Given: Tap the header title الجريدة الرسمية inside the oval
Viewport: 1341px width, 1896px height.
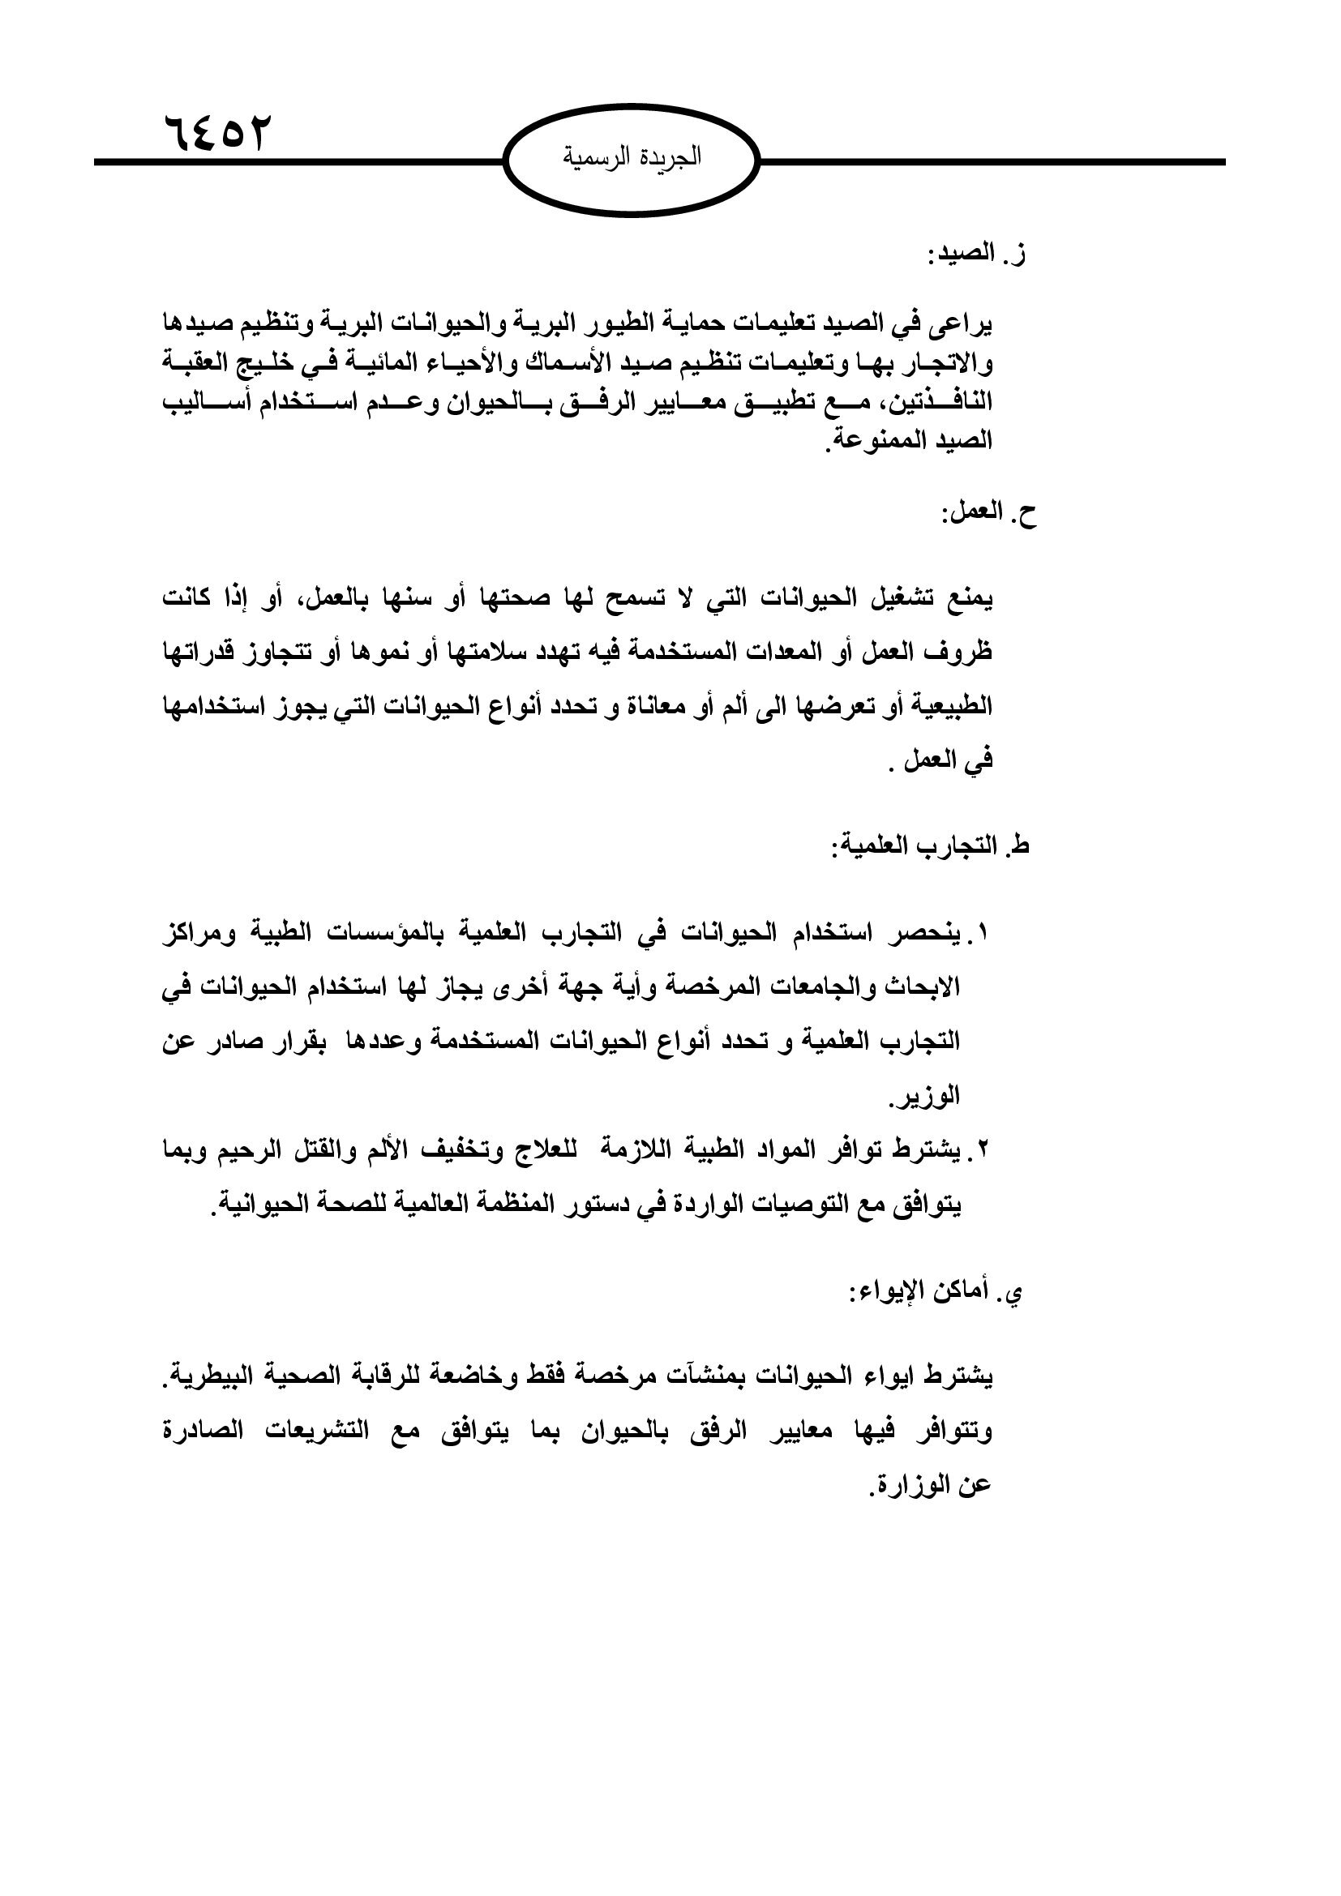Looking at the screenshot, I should tap(632, 156).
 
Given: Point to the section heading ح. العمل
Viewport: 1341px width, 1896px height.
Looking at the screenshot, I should tap(988, 514).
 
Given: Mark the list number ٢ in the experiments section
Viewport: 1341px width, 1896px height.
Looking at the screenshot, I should tap(983, 1148).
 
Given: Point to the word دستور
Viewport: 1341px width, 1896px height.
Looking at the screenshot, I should tap(591, 1205).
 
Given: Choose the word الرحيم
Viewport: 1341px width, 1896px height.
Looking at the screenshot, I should tap(251, 1149).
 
